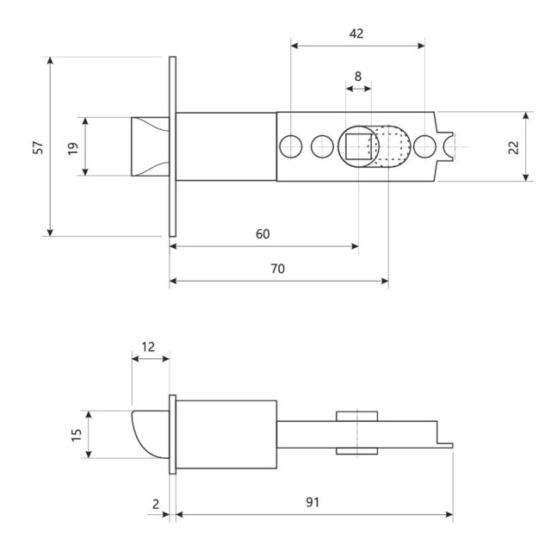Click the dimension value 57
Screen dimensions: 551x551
(38, 147)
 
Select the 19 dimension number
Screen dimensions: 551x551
(74, 147)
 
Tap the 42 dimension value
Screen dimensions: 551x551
(357, 34)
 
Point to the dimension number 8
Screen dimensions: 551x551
(358, 76)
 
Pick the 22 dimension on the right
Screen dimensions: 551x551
(514, 147)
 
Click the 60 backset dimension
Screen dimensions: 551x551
(263, 234)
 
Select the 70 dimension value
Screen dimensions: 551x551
(277, 268)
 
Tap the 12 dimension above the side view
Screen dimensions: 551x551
(148, 347)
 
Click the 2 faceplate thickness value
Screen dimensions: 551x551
(156, 502)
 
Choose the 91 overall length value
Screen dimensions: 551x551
(313, 502)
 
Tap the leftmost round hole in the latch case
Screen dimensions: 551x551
(291, 145)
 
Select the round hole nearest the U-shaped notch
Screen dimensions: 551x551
(423, 145)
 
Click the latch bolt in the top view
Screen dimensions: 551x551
(148, 146)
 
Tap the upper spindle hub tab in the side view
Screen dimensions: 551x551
(357, 417)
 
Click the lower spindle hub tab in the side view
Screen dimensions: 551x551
(357, 450)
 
